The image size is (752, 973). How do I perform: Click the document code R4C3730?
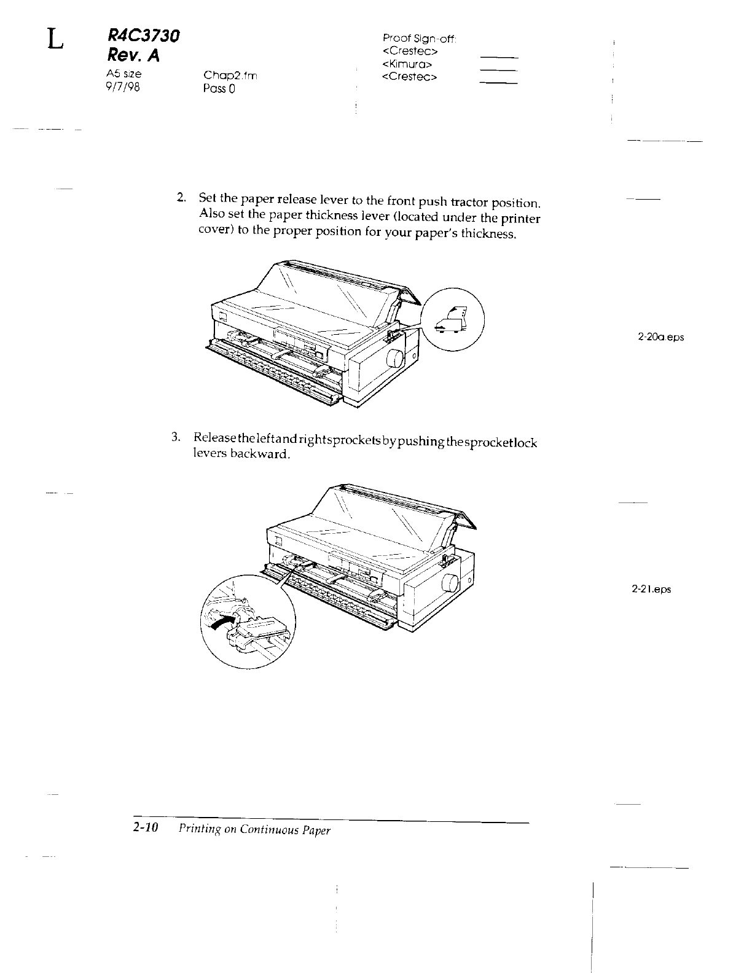click(141, 36)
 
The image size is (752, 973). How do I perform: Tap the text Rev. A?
click(133, 56)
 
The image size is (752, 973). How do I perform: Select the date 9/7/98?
click(123, 87)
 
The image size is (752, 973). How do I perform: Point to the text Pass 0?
click(219, 88)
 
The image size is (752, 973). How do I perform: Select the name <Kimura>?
click(409, 64)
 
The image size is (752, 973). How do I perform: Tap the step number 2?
click(181, 197)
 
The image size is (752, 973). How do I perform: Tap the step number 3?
click(176, 437)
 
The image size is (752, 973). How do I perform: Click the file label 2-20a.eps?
click(660, 337)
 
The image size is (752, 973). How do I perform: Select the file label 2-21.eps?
click(651, 589)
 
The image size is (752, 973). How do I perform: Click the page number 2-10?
click(146, 828)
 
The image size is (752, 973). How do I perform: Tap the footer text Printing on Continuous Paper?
click(254, 830)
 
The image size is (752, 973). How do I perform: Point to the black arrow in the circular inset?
click(224, 622)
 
